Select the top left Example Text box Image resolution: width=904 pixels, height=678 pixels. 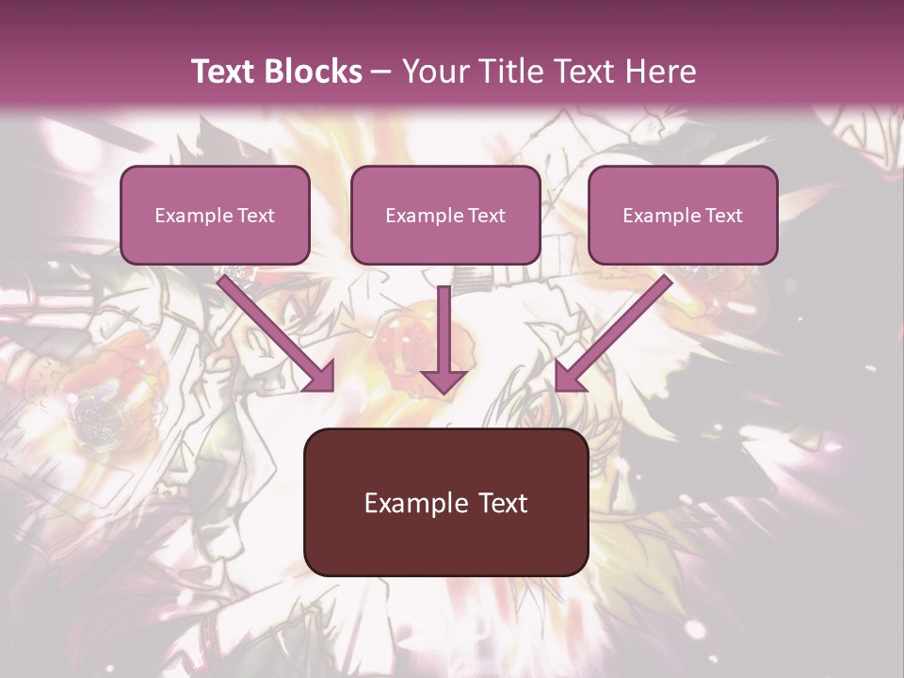[x=215, y=215]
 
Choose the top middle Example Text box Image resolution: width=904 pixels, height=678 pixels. [x=445, y=215]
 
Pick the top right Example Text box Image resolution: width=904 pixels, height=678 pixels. [x=683, y=215]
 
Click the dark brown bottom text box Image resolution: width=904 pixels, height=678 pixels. [x=445, y=502]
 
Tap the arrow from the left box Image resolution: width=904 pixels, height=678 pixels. [x=273, y=330]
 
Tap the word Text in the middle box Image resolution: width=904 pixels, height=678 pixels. [x=486, y=216]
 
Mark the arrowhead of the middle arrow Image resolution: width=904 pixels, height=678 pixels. [x=444, y=379]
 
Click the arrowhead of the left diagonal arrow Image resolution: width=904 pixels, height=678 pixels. [x=320, y=377]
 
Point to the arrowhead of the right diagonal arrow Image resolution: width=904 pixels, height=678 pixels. [x=569, y=377]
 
